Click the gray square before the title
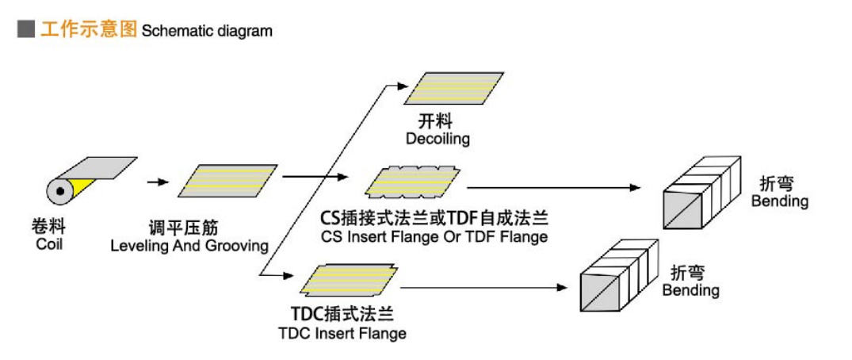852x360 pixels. click(x=25, y=30)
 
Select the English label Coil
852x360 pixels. click(x=49, y=244)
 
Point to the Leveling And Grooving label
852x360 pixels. click(x=189, y=246)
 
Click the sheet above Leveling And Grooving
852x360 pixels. click(x=227, y=180)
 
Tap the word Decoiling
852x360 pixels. click(x=437, y=140)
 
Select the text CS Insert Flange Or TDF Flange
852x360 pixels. click(x=434, y=236)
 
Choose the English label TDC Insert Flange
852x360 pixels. click(x=342, y=333)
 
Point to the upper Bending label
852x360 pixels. click(x=780, y=201)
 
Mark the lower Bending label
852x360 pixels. click(x=690, y=290)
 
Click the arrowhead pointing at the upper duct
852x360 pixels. click(x=634, y=188)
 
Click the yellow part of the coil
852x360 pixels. click(x=79, y=190)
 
